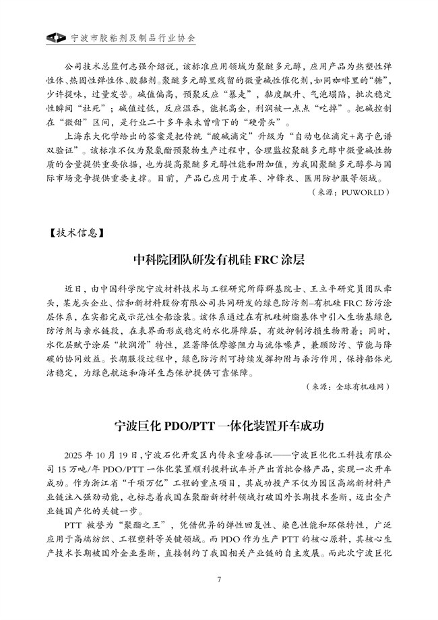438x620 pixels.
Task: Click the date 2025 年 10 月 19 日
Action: point(100,454)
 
